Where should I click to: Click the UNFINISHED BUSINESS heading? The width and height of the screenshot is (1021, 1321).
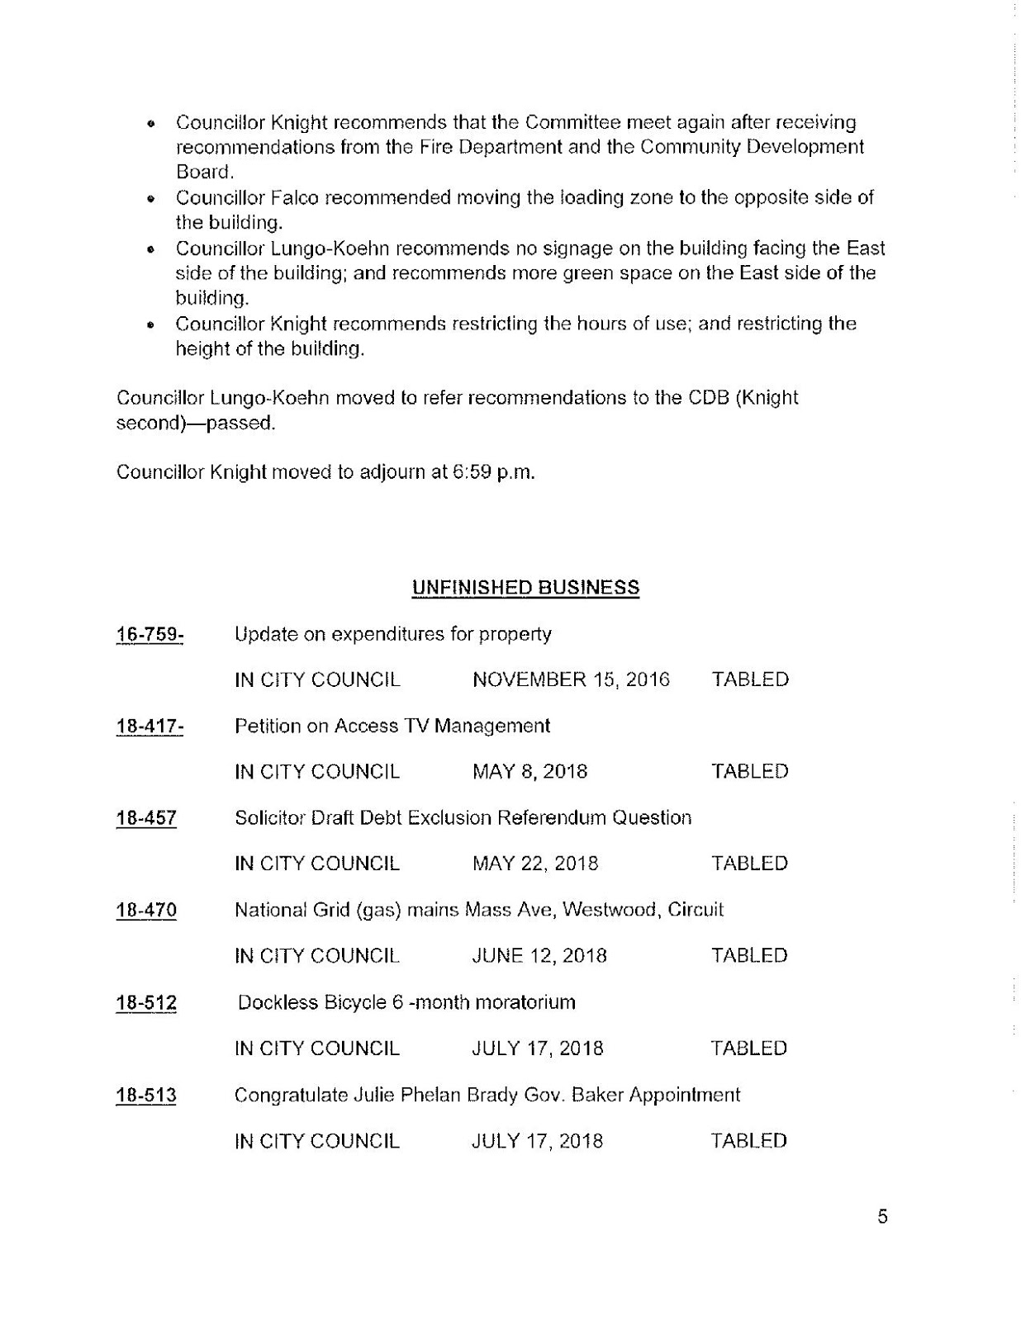pos(525,588)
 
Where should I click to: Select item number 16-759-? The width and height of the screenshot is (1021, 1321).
pos(150,634)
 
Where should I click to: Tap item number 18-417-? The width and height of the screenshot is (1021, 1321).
pos(150,727)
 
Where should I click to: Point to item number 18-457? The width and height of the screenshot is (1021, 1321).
pos(146,818)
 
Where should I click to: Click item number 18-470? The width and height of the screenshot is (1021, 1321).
pos(146,911)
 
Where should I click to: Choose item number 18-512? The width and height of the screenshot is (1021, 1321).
pos(146,1003)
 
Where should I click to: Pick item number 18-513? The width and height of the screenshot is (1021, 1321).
pos(146,1096)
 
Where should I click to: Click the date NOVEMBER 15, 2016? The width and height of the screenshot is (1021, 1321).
pos(571,679)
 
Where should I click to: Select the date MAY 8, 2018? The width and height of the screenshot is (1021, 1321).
pos(529,772)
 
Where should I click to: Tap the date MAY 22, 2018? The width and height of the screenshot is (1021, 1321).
pos(534,864)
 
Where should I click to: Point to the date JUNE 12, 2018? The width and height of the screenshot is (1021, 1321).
pos(539,956)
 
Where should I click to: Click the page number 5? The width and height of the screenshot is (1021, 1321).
pos(882,1217)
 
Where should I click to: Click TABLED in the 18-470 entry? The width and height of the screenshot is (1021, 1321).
pos(749,956)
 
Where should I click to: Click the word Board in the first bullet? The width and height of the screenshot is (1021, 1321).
pos(203,173)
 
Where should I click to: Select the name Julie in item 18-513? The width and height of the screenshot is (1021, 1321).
pos(376,1096)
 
